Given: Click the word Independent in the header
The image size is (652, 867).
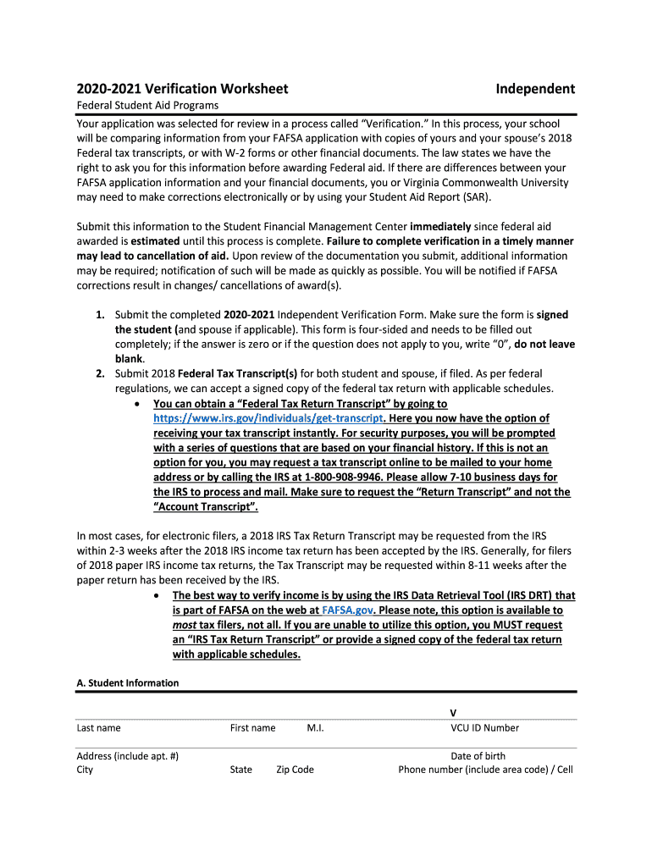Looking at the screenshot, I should (535, 89).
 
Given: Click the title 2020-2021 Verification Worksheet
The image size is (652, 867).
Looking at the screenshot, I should (182, 89).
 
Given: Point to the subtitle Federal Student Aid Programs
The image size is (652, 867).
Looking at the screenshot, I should (147, 106).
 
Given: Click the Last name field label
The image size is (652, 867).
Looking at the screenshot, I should (98, 728).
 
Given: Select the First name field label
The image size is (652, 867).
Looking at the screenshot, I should (252, 728).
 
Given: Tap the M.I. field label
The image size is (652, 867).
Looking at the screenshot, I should (316, 728).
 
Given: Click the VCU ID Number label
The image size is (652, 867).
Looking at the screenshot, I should (484, 728).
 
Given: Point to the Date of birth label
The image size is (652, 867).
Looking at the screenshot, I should (478, 756).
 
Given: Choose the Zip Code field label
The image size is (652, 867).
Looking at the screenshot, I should (295, 770).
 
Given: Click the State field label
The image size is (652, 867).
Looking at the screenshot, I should (240, 770).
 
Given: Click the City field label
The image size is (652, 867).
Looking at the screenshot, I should (85, 770).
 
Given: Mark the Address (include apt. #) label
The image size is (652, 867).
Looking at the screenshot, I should (127, 756).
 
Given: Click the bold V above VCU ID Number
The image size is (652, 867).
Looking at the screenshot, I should (453, 713).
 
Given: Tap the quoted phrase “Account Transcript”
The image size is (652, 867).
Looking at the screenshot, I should (204, 507).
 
